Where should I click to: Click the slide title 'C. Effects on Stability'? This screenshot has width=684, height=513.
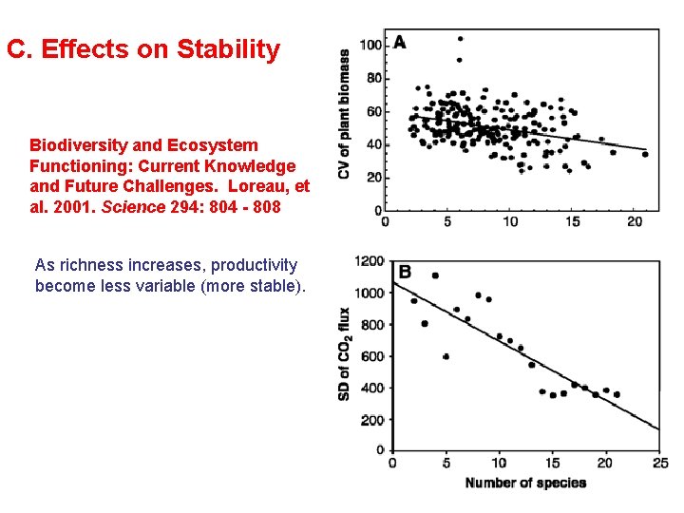(x=143, y=49)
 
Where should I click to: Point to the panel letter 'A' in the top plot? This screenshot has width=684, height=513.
(x=400, y=42)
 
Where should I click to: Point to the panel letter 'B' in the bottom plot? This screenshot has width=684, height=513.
(x=405, y=273)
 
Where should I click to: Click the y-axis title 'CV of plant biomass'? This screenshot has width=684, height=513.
(x=344, y=114)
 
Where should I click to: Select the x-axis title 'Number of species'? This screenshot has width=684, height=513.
(x=525, y=483)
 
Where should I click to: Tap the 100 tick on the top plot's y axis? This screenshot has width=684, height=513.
(x=370, y=46)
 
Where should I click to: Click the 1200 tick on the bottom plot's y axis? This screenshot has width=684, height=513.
(x=370, y=261)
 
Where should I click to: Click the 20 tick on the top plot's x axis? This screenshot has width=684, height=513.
(x=635, y=222)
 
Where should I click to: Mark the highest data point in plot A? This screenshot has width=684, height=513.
(x=460, y=39)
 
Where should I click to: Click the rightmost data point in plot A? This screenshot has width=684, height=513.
(x=645, y=154)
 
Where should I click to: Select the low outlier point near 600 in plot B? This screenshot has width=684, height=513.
(x=446, y=356)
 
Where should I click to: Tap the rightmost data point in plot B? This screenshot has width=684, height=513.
(x=617, y=394)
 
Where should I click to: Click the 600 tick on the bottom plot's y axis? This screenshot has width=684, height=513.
(x=372, y=356)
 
